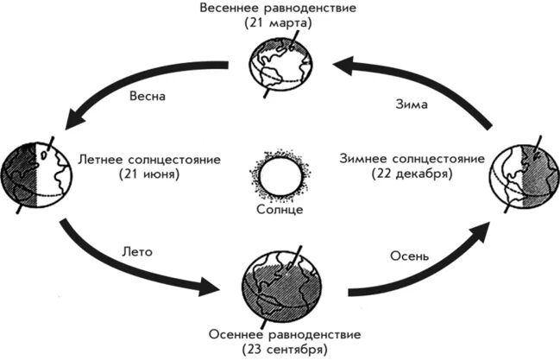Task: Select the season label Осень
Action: coord(400,256)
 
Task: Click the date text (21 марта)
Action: coord(280,23)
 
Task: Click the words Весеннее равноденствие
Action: coord(280,8)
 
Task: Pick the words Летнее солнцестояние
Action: coord(150,160)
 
